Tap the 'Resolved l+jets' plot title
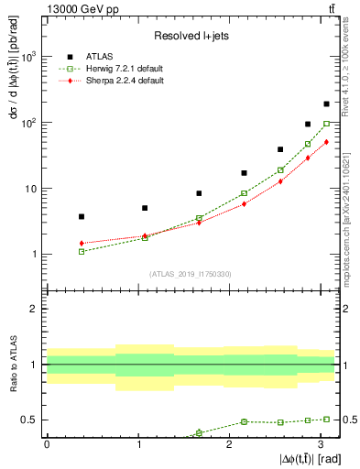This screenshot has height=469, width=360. pyautogui.click(x=191, y=35)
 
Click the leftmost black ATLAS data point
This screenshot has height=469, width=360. pyautogui.click(x=82, y=216)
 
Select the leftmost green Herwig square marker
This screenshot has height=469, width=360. pyautogui.click(x=82, y=251)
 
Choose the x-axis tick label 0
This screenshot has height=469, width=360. pyautogui.click(x=47, y=444)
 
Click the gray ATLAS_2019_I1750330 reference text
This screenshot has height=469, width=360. pyautogui.click(x=190, y=273)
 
